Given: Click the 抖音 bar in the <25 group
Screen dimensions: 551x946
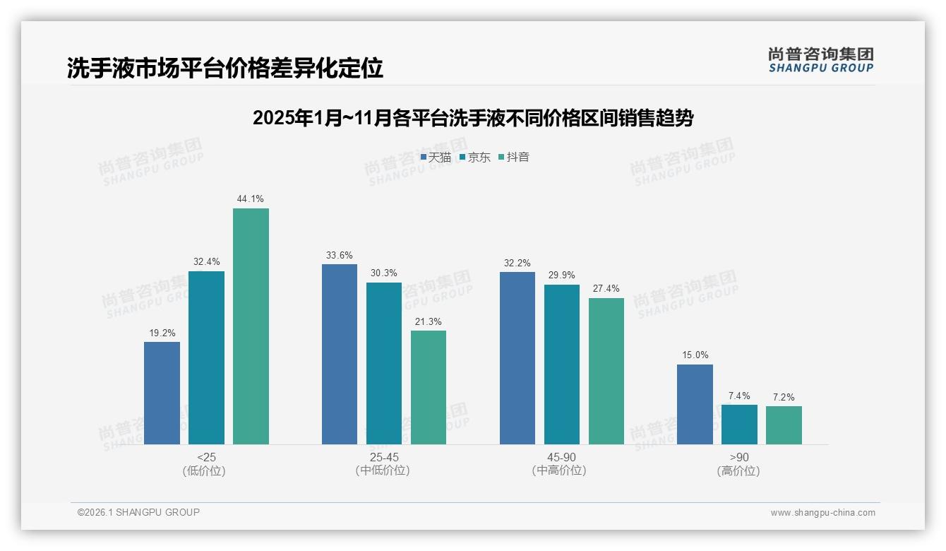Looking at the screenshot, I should point(251,326).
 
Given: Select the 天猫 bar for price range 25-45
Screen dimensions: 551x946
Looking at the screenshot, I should point(340,354).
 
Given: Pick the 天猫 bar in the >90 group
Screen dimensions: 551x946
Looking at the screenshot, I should point(695,404).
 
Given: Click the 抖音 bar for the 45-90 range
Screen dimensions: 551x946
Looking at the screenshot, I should point(606,371).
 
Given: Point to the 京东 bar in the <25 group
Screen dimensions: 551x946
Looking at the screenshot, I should point(206,357).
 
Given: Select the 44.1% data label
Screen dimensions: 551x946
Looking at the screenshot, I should point(251,199).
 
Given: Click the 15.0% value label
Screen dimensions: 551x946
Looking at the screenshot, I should point(695,355).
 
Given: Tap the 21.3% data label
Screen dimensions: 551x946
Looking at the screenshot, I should point(429,321).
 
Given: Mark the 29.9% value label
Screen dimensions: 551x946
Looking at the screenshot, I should point(562,275).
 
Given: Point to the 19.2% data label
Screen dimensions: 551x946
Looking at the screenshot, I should point(162,333).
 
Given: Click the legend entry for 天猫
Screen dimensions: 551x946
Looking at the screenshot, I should point(436,158).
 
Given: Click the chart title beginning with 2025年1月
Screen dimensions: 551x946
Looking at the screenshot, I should point(473,118).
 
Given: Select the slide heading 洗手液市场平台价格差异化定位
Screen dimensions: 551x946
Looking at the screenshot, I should point(225,68).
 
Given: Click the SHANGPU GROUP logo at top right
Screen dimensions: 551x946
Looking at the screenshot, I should point(820,60).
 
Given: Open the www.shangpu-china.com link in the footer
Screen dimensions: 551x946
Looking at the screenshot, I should point(822,513).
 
